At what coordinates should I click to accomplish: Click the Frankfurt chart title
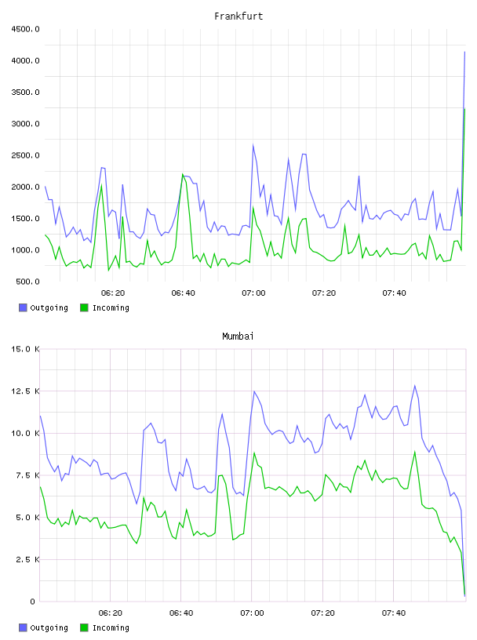(x=238, y=16)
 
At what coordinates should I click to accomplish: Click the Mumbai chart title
(x=238, y=336)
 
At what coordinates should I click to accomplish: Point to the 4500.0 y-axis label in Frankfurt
(x=25, y=29)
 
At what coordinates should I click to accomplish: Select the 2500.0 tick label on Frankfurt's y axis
(x=25, y=155)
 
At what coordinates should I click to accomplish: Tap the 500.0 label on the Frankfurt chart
(x=27, y=282)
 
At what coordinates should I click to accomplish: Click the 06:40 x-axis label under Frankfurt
(x=183, y=293)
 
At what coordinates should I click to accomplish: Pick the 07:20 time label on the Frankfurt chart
(x=324, y=293)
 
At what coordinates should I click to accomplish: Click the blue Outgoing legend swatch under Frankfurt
(x=23, y=307)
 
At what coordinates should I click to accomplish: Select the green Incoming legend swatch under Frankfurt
(x=84, y=307)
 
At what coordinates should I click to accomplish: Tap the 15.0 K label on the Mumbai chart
(x=25, y=349)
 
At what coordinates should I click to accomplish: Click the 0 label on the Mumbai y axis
(x=32, y=602)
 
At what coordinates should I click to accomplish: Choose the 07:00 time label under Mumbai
(x=252, y=613)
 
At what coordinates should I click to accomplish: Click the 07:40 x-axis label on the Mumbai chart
(x=394, y=613)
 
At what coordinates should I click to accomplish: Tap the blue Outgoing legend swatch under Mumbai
(x=23, y=627)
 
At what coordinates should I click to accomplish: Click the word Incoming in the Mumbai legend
(x=111, y=627)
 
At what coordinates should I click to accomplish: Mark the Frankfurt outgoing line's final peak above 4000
(x=464, y=52)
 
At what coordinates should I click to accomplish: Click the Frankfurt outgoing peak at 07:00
(x=253, y=145)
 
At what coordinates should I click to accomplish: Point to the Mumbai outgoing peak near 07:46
(x=415, y=386)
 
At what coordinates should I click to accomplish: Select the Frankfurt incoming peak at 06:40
(x=183, y=174)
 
